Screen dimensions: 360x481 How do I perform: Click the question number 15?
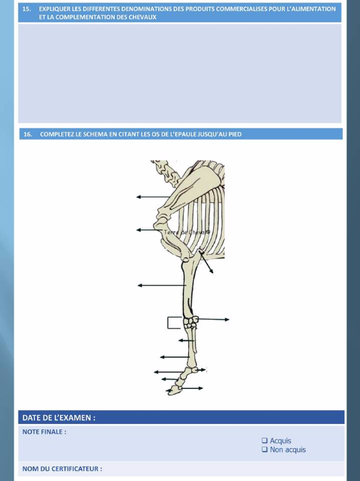click(x=27, y=9)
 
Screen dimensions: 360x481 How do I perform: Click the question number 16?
click(x=27, y=134)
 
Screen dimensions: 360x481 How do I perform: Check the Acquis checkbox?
click(x=265, y=440)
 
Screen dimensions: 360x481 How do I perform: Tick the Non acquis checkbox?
click(x=265, y=449)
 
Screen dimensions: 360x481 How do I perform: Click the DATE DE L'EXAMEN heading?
click(x=59, y=418)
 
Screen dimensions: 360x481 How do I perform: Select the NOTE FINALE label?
click(x=44, y=432)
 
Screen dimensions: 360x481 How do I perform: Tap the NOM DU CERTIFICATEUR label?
click(x=63, y=469)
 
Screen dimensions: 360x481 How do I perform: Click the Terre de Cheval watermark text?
click(x=187, y=232)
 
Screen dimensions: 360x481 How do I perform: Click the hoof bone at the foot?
click(x=174, y=390)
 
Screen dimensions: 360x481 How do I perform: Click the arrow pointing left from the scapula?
click(x=153, y=197)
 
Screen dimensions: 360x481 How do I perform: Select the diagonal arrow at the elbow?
click(x=206, y=262)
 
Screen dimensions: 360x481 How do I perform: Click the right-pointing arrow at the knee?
click(x=213, y=320)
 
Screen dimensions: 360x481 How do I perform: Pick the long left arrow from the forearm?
click(x=162, y=285)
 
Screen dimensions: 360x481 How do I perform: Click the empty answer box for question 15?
click(x=180, y=74)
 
